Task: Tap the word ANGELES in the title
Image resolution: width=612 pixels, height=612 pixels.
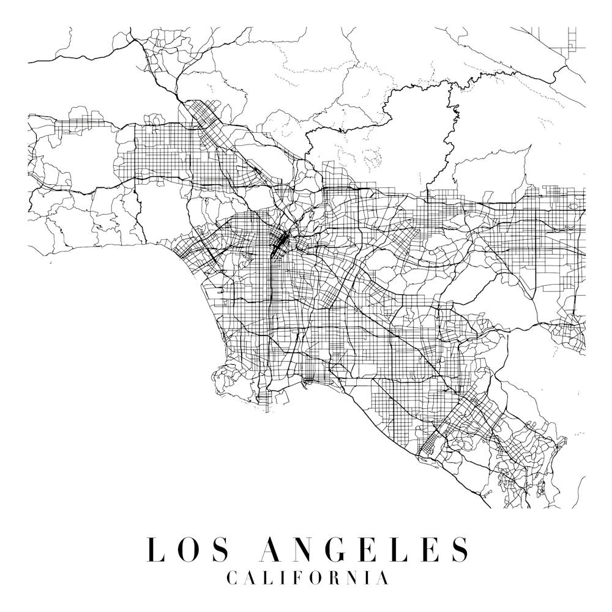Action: click(365, 549)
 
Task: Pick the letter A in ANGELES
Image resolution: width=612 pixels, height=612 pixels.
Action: click(271, 549)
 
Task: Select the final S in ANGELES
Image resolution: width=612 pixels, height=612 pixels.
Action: click(460, 549)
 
